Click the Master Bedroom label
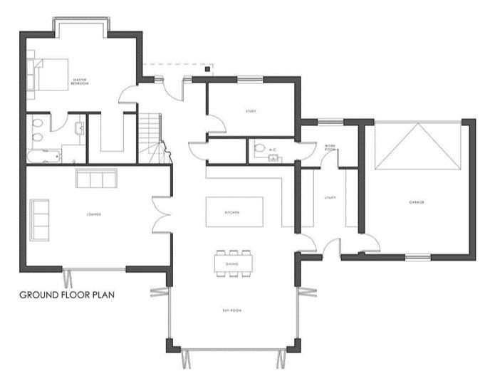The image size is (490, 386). pos(79,83)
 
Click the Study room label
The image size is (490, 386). pos(251,111)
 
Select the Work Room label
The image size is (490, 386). pos(330,148)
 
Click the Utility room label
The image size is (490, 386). pos(330,197)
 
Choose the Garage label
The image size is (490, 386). pos(417,203)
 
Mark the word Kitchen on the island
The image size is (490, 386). pos(232,212)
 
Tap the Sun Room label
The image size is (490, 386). pos(231,310)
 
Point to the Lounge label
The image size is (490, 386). pos(93,214)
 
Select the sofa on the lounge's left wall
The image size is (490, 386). pos(40,219)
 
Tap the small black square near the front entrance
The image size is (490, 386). pos(207,69)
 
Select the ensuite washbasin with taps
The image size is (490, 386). pos(80,128)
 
